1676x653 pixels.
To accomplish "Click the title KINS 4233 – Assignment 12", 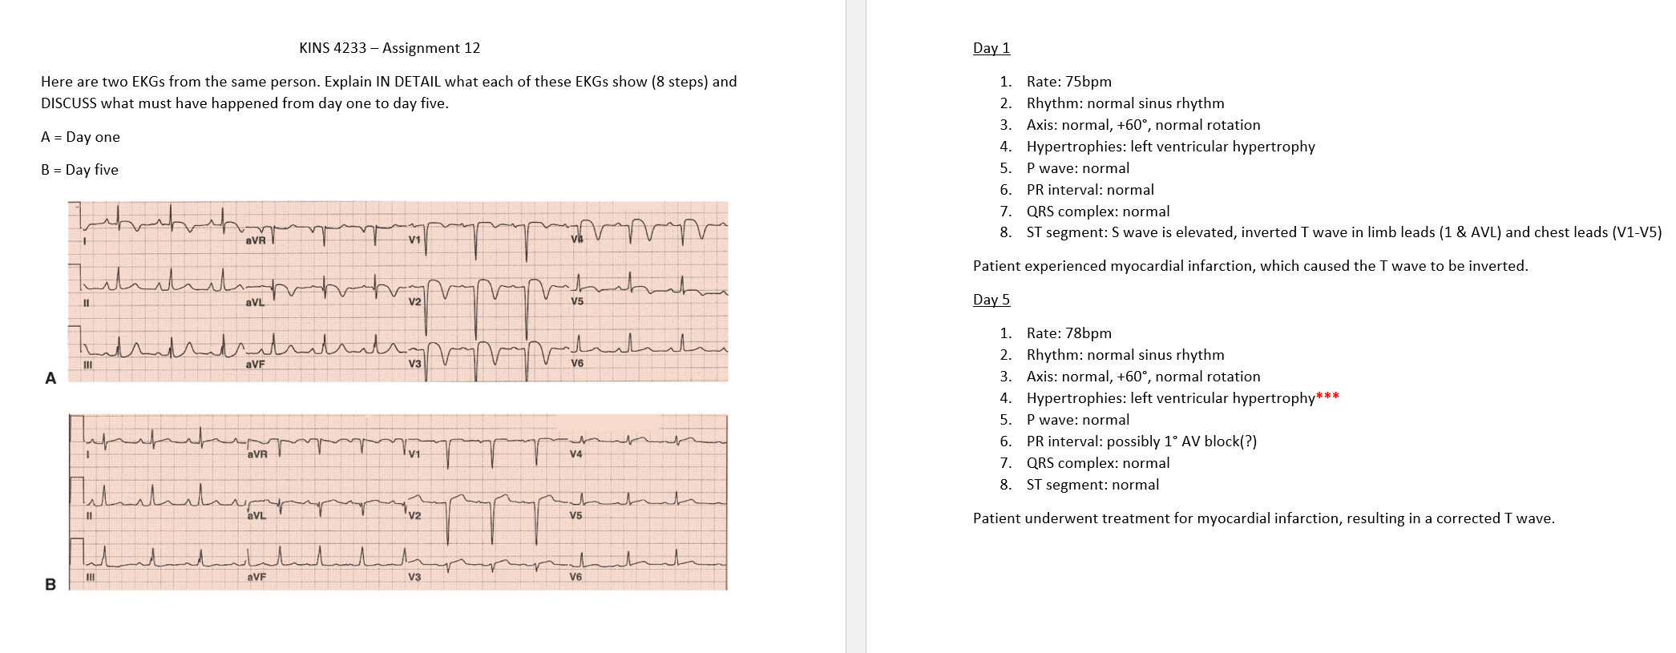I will click(x=390, y=48).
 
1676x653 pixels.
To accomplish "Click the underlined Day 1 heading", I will click(x=991, y=48).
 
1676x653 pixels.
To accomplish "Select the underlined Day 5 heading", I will click(x=991, y=300).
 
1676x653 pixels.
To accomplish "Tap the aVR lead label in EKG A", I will click(x=256, y=240).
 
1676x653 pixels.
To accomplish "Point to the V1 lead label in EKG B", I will click(x=414, y=454).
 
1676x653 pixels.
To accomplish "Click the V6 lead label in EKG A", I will click(x=577, y=363).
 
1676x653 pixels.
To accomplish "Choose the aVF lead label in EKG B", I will click(x=256, y=577).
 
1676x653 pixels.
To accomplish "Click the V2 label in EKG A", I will click(x=414, y=302).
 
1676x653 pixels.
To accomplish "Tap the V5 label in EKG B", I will click(x=575, y=515).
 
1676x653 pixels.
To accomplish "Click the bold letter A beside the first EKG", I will click(x=50, y=378).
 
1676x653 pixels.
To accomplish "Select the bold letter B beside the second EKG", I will click(x=50, y=584).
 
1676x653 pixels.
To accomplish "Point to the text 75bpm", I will click(x=1088, y=82).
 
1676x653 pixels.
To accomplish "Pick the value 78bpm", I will click(x=1088, y=333).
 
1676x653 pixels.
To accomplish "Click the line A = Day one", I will click(x=80, y=137).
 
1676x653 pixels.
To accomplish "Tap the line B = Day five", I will click(x=79, y=170).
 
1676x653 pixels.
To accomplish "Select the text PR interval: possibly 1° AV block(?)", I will click(x=1141, y=441).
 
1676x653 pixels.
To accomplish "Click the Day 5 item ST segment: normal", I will click(x=1092, y=485).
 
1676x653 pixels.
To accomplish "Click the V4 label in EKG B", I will click(x=575, y=454).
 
